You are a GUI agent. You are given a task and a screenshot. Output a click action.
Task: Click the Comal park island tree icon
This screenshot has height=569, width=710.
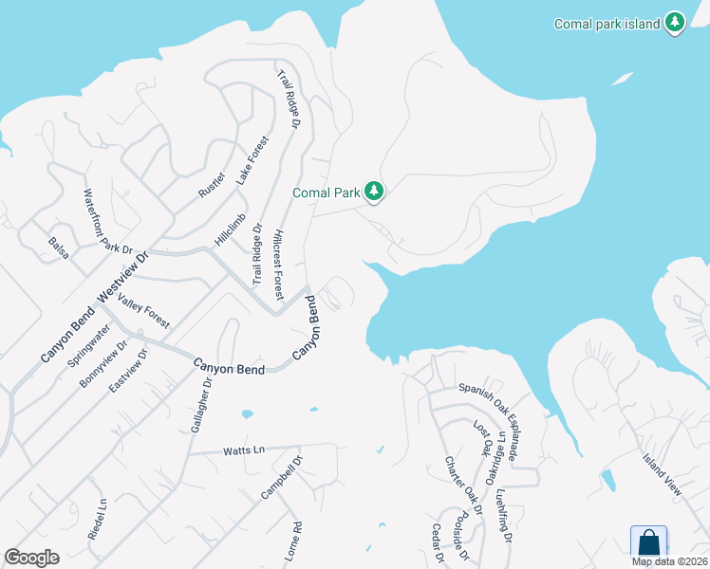[674, 23]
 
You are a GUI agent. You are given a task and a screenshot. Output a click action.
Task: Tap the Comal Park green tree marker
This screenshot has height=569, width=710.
[375, 193]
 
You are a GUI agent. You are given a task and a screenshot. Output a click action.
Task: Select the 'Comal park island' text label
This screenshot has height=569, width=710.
[607, 24]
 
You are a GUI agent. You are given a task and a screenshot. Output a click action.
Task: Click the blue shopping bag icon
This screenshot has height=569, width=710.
[648, 543]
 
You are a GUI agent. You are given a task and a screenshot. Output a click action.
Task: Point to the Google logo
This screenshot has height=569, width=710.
[31, 558]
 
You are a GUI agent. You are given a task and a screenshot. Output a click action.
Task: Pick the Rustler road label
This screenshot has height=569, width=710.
[211, 184]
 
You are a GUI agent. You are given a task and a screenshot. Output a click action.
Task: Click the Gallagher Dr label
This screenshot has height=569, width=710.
[201, 407]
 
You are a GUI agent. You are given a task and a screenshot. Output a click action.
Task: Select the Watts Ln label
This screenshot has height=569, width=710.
[241, 450]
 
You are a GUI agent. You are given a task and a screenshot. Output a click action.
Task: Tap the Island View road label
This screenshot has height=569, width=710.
[662, 474]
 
